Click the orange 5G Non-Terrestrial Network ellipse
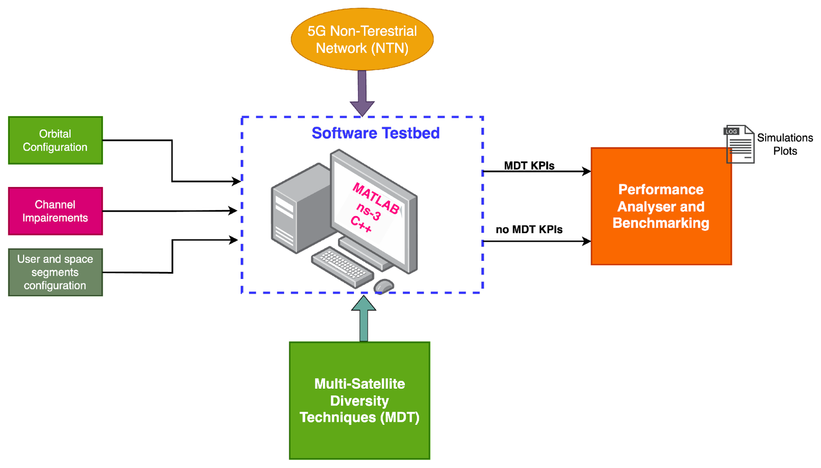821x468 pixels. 362,39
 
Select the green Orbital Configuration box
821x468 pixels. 55,140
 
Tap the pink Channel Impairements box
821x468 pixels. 55,211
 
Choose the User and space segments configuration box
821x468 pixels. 55,272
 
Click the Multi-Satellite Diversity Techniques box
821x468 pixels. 359,400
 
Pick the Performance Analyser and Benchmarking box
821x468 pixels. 661,206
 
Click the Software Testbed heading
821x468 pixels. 375,133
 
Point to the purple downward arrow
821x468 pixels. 362,93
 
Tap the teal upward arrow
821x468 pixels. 363,318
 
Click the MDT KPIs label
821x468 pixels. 529,166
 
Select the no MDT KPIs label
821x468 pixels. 529,229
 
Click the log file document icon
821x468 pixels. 739,144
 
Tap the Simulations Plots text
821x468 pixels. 785,144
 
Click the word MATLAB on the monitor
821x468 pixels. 376,199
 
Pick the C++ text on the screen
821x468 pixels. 361,224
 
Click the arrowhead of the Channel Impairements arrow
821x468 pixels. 233,211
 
